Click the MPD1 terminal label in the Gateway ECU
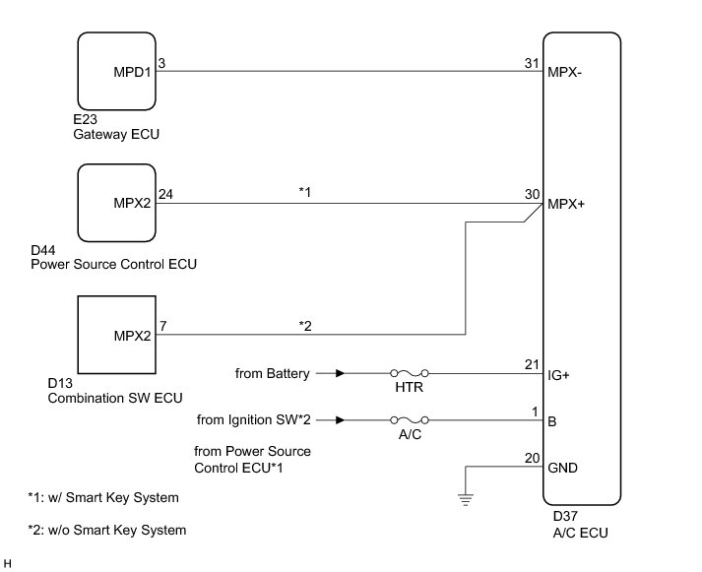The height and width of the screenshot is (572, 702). pos(132,72)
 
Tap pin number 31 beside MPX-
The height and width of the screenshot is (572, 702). pos(532,63)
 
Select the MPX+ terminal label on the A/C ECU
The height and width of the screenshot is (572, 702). pos(566,204)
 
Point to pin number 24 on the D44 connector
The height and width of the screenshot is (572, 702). pos(165,194)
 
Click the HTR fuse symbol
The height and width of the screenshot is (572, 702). pos(410,373)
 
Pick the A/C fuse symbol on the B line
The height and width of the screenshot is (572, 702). pos(410,419)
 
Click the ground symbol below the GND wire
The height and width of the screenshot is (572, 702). pos(466,499)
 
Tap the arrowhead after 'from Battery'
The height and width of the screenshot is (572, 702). pos(341,373)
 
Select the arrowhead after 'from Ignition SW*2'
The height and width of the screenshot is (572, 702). pos(341,419)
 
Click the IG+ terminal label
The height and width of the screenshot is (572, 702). pos(558,375)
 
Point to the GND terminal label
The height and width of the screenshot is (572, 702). pos(562,468)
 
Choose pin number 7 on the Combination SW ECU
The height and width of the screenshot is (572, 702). pos(163,326)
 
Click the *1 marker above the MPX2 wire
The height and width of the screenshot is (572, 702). pos(304,192)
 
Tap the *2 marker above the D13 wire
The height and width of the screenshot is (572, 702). pos(305,326)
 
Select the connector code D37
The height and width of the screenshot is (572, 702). pos(565,516)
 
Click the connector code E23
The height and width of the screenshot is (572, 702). pos(85,119)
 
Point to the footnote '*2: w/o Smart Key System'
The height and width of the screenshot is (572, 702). pos(107,530)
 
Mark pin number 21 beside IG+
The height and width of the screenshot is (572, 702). pos(532,365)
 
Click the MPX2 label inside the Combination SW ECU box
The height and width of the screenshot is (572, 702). pos(133,336)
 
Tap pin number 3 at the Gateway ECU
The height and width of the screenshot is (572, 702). pos(161,63)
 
